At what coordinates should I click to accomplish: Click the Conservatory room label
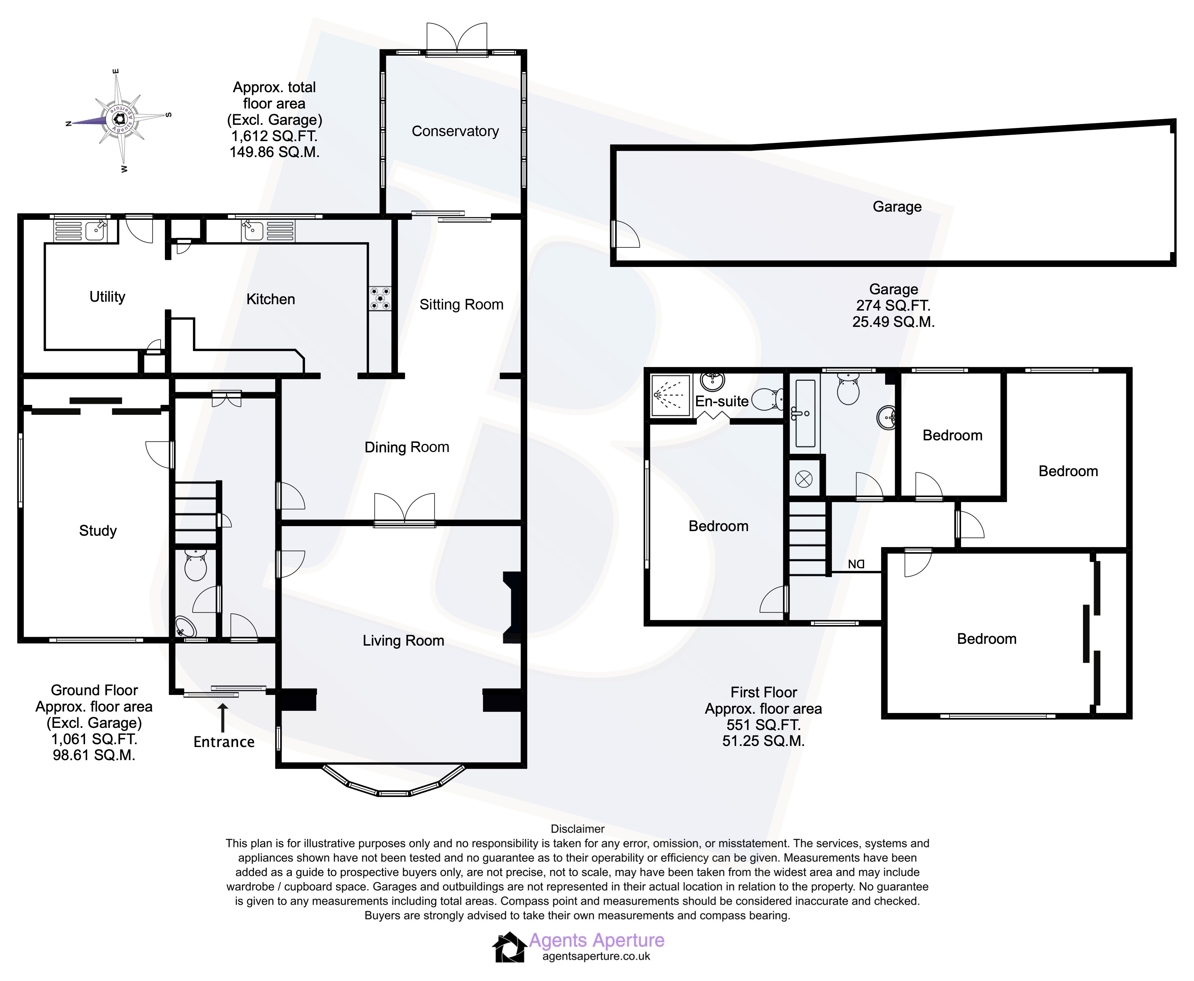[x=455, y=131]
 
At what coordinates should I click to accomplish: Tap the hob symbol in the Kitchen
[x=380, y=299]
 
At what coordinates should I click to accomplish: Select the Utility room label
[x=107, y=297]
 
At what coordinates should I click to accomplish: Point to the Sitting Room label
[x=461, y=305]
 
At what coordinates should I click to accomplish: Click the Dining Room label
[x=406, y=447]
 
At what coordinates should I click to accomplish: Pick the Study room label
[x=98, y=531]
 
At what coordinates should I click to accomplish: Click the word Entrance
[x=224, y=742]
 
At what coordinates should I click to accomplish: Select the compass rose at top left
[x=119, y=119]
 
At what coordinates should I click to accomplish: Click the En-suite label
[x=722, y=401]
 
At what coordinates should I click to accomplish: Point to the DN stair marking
[x=856, y=564]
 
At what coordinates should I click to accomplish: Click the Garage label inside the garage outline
[x=897, y=207]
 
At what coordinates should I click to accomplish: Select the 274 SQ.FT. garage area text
[x=893, y=306]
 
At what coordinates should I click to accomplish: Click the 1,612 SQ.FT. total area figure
[x=274, y=136]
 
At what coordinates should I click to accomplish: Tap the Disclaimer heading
[x=578, y=829]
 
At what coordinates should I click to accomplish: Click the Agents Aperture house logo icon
[x=510, y=947]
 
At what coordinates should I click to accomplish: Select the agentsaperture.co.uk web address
[x=596, y=957]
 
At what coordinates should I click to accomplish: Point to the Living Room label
[x=403, y=640]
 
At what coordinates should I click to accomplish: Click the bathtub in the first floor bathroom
[x=805, y=413]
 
